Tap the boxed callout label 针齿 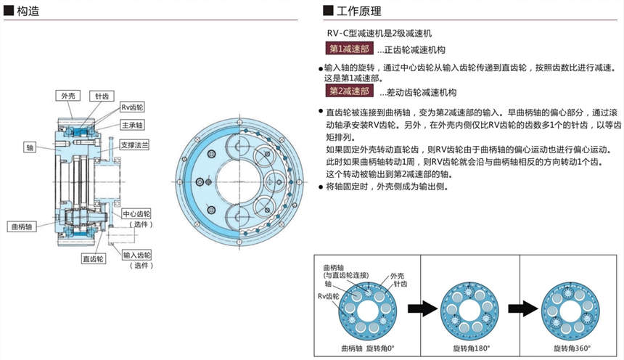coord(99,96)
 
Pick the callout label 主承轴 coord(132,124)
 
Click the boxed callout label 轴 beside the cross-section coord(30,147)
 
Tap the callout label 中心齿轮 coord(136,214)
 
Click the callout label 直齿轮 coord(94,258)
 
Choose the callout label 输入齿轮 coord(136,255)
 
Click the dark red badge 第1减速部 coord(349,49)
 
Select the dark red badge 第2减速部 coord(349,91)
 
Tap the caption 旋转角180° coord(471,349)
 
